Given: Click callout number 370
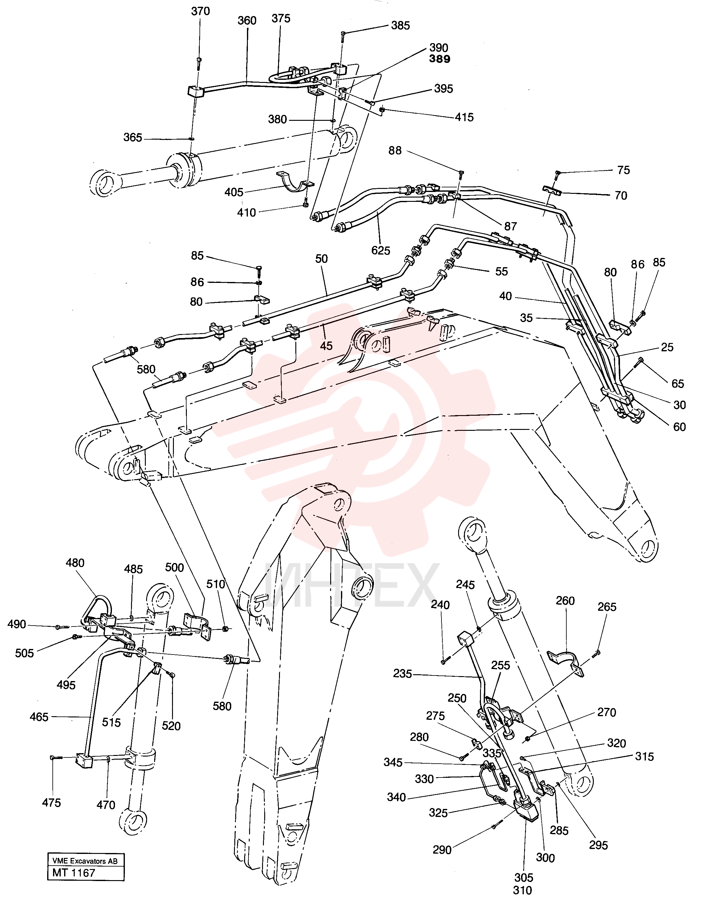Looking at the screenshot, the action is coord(200,11).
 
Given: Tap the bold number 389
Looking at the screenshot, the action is coord(440,59).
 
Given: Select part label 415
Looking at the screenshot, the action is coord(464,117).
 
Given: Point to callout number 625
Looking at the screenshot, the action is coord(380,251).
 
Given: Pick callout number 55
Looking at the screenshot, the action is coord(501,272).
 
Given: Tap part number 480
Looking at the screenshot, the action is coord(75,563).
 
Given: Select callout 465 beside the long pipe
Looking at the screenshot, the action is coord(39,717).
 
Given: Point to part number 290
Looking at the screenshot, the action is coord(442,850).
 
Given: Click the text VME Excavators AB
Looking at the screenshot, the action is coord(85,861).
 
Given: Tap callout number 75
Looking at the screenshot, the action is coord(623,170).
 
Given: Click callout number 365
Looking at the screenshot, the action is coord(133,137).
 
